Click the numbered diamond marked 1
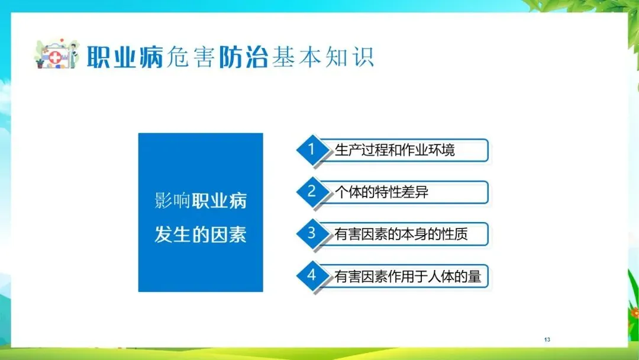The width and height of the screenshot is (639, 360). point(312,150)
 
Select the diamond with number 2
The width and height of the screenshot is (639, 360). point(312,192)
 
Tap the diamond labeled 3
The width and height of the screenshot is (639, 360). point(312,234)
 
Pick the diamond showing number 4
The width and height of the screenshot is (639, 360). point(312,275)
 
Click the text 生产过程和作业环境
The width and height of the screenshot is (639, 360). point(395,150)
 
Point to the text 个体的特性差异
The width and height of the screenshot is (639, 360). point(382,192)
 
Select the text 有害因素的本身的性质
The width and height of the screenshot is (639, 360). point(401,234)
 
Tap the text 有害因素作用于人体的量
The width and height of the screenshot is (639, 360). point(408,277)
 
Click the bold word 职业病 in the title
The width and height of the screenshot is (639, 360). point(125,57)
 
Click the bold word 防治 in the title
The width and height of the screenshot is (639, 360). point(243,57)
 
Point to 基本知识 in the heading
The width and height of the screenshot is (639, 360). point(323,57)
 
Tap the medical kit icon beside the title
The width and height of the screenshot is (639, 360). point(56,54)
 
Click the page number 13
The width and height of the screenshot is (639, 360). point(547,339)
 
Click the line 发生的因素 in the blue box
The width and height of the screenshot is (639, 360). point(201,234)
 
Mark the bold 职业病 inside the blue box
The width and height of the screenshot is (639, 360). point(220,201)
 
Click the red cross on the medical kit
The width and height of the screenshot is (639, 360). point(55,57)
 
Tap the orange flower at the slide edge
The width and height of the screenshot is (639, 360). point(634,313)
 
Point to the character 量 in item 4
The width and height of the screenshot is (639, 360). point(475,277)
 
